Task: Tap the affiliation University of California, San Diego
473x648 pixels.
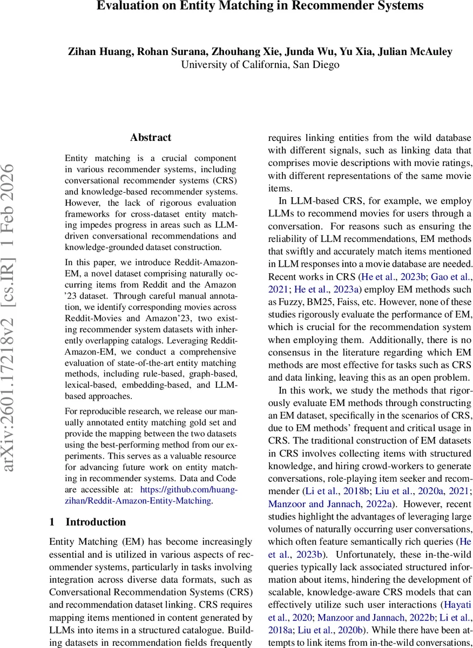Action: pyautogui.click(x=260, y=65)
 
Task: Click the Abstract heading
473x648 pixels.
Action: pyautogui.click(x=151, y=138)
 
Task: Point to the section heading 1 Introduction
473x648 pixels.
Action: pyautogui.click(x=87, y=522)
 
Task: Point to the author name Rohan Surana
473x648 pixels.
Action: pyautogui.click(x=166, y=52)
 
